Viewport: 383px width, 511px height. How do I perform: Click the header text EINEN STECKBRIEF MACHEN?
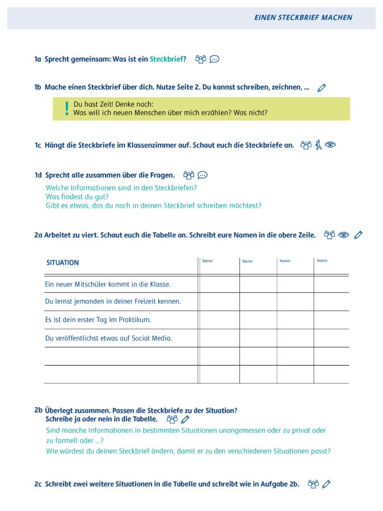pyautogui.click(x=303, y=18)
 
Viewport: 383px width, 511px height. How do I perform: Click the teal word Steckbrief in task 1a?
pyautogui.click(x=166, y=59)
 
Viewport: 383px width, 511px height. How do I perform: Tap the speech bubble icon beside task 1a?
pyautogui.click(x=214, y=59)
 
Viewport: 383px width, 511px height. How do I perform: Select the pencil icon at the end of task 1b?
pyautogui.click(x=322, y=88)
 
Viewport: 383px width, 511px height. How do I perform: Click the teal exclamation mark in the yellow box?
pyautogui.click(x=66, y=108)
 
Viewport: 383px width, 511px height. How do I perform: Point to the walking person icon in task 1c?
pyautogui.click(x=318, y=145)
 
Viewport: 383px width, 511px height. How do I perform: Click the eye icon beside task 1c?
pyautogui.click(x=330, y=145)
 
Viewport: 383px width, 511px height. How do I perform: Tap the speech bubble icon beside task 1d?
pyautogui.click(x=203, y=175)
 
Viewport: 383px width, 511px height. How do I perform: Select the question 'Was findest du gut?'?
pyautogui.click(x=77, y=196)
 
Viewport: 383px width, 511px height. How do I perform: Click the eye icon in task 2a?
pyautogui.click(x=344, y=235)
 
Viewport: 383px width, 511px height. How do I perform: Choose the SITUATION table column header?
pyautogui.click(x=62, y=263)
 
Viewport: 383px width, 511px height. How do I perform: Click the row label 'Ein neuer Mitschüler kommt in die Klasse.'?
pyautogui.click(x=108, y=284)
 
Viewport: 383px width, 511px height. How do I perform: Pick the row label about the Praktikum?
pyautogui.click(x=98, y=320)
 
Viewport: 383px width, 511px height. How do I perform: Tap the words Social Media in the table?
pyautogui.click(x=151, y=338)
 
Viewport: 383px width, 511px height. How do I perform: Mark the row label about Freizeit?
pyautogui.click(x=113, y=301)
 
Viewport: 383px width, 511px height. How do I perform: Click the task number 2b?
pyautogui.click(x=38, y=410)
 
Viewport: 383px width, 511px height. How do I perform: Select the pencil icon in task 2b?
pyautogui.click(x=185, y=420)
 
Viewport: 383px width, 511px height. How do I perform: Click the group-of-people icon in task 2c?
pyautogui.click(x=313, y=484)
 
